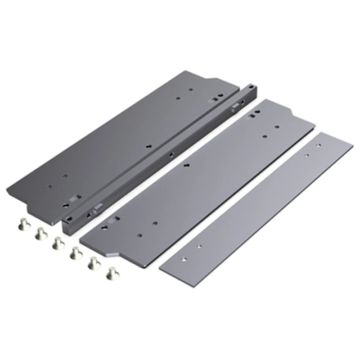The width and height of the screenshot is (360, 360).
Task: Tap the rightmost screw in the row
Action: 111,272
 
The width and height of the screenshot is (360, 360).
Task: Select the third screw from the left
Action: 57,243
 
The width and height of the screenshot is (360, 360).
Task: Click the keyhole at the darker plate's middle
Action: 148,146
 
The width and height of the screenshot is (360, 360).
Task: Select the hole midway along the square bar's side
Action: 171,153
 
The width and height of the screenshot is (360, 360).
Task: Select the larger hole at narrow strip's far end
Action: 319,146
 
